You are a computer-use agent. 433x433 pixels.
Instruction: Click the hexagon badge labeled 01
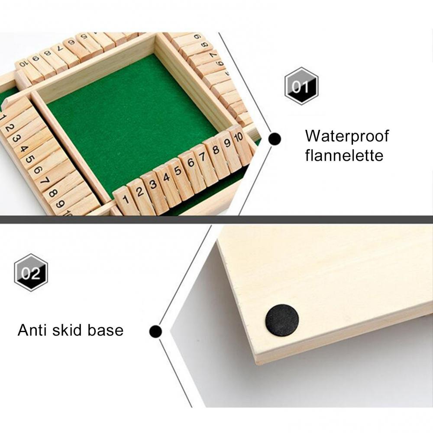tap(301, 86)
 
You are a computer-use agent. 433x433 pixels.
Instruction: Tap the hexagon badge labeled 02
tap(31, 272)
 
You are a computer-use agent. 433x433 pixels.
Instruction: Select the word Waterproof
tap(347, 136)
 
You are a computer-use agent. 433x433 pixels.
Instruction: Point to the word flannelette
tap(344, 155)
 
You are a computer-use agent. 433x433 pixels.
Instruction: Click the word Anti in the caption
tap(32, 330)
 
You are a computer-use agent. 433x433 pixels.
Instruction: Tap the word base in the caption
tap(106, 330)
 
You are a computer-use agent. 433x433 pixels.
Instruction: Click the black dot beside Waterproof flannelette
tap(275, 139)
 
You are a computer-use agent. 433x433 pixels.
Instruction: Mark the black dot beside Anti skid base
tap(155, 331)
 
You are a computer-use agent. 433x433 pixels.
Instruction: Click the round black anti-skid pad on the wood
tap(282, 320)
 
